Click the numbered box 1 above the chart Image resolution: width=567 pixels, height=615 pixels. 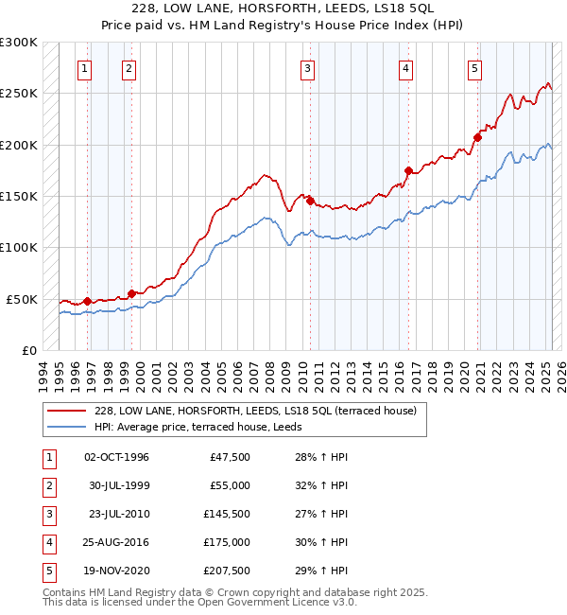85,68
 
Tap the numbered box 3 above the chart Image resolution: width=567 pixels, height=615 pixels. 308,68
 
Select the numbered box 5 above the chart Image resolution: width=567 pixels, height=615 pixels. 473,68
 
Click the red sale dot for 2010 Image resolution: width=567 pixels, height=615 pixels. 310,201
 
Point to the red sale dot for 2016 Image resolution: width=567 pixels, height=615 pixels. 408,171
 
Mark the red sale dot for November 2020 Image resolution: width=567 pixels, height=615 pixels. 477,137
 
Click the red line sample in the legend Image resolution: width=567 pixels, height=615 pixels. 65,411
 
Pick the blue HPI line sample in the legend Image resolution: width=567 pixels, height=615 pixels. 65,427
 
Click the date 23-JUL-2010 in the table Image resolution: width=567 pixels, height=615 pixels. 117,513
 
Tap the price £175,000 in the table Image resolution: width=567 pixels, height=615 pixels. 226,542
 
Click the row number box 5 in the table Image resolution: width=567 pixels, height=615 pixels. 49,571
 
